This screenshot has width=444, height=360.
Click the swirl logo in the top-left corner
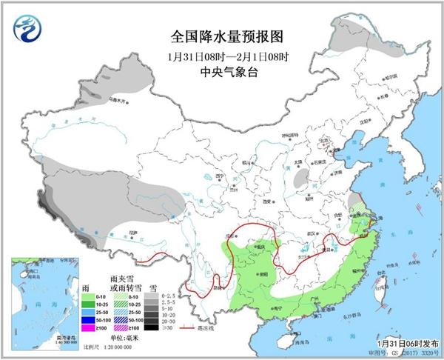coord(27,29)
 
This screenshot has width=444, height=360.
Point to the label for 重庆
coord(260,247)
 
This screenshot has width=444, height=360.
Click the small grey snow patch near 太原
coord(301,179)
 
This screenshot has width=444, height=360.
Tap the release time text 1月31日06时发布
coord(406,344)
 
